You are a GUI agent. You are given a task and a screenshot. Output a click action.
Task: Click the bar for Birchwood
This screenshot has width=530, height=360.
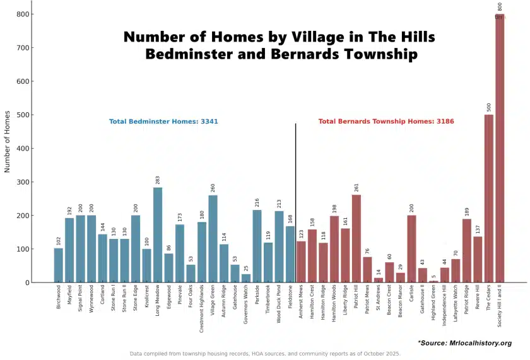tap(59, 265)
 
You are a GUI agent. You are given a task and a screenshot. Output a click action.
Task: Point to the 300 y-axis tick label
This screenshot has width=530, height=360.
tap(24, 182)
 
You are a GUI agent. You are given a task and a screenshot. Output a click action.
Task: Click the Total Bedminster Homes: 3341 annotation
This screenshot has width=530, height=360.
tap(163, 122)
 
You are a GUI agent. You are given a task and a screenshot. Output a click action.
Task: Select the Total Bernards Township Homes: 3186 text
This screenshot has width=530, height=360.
tap(386, 122)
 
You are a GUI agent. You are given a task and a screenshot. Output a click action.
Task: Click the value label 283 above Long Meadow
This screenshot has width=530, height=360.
tap(158, 180)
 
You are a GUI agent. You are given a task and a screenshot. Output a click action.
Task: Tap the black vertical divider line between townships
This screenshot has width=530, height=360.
tap(295, 202)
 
